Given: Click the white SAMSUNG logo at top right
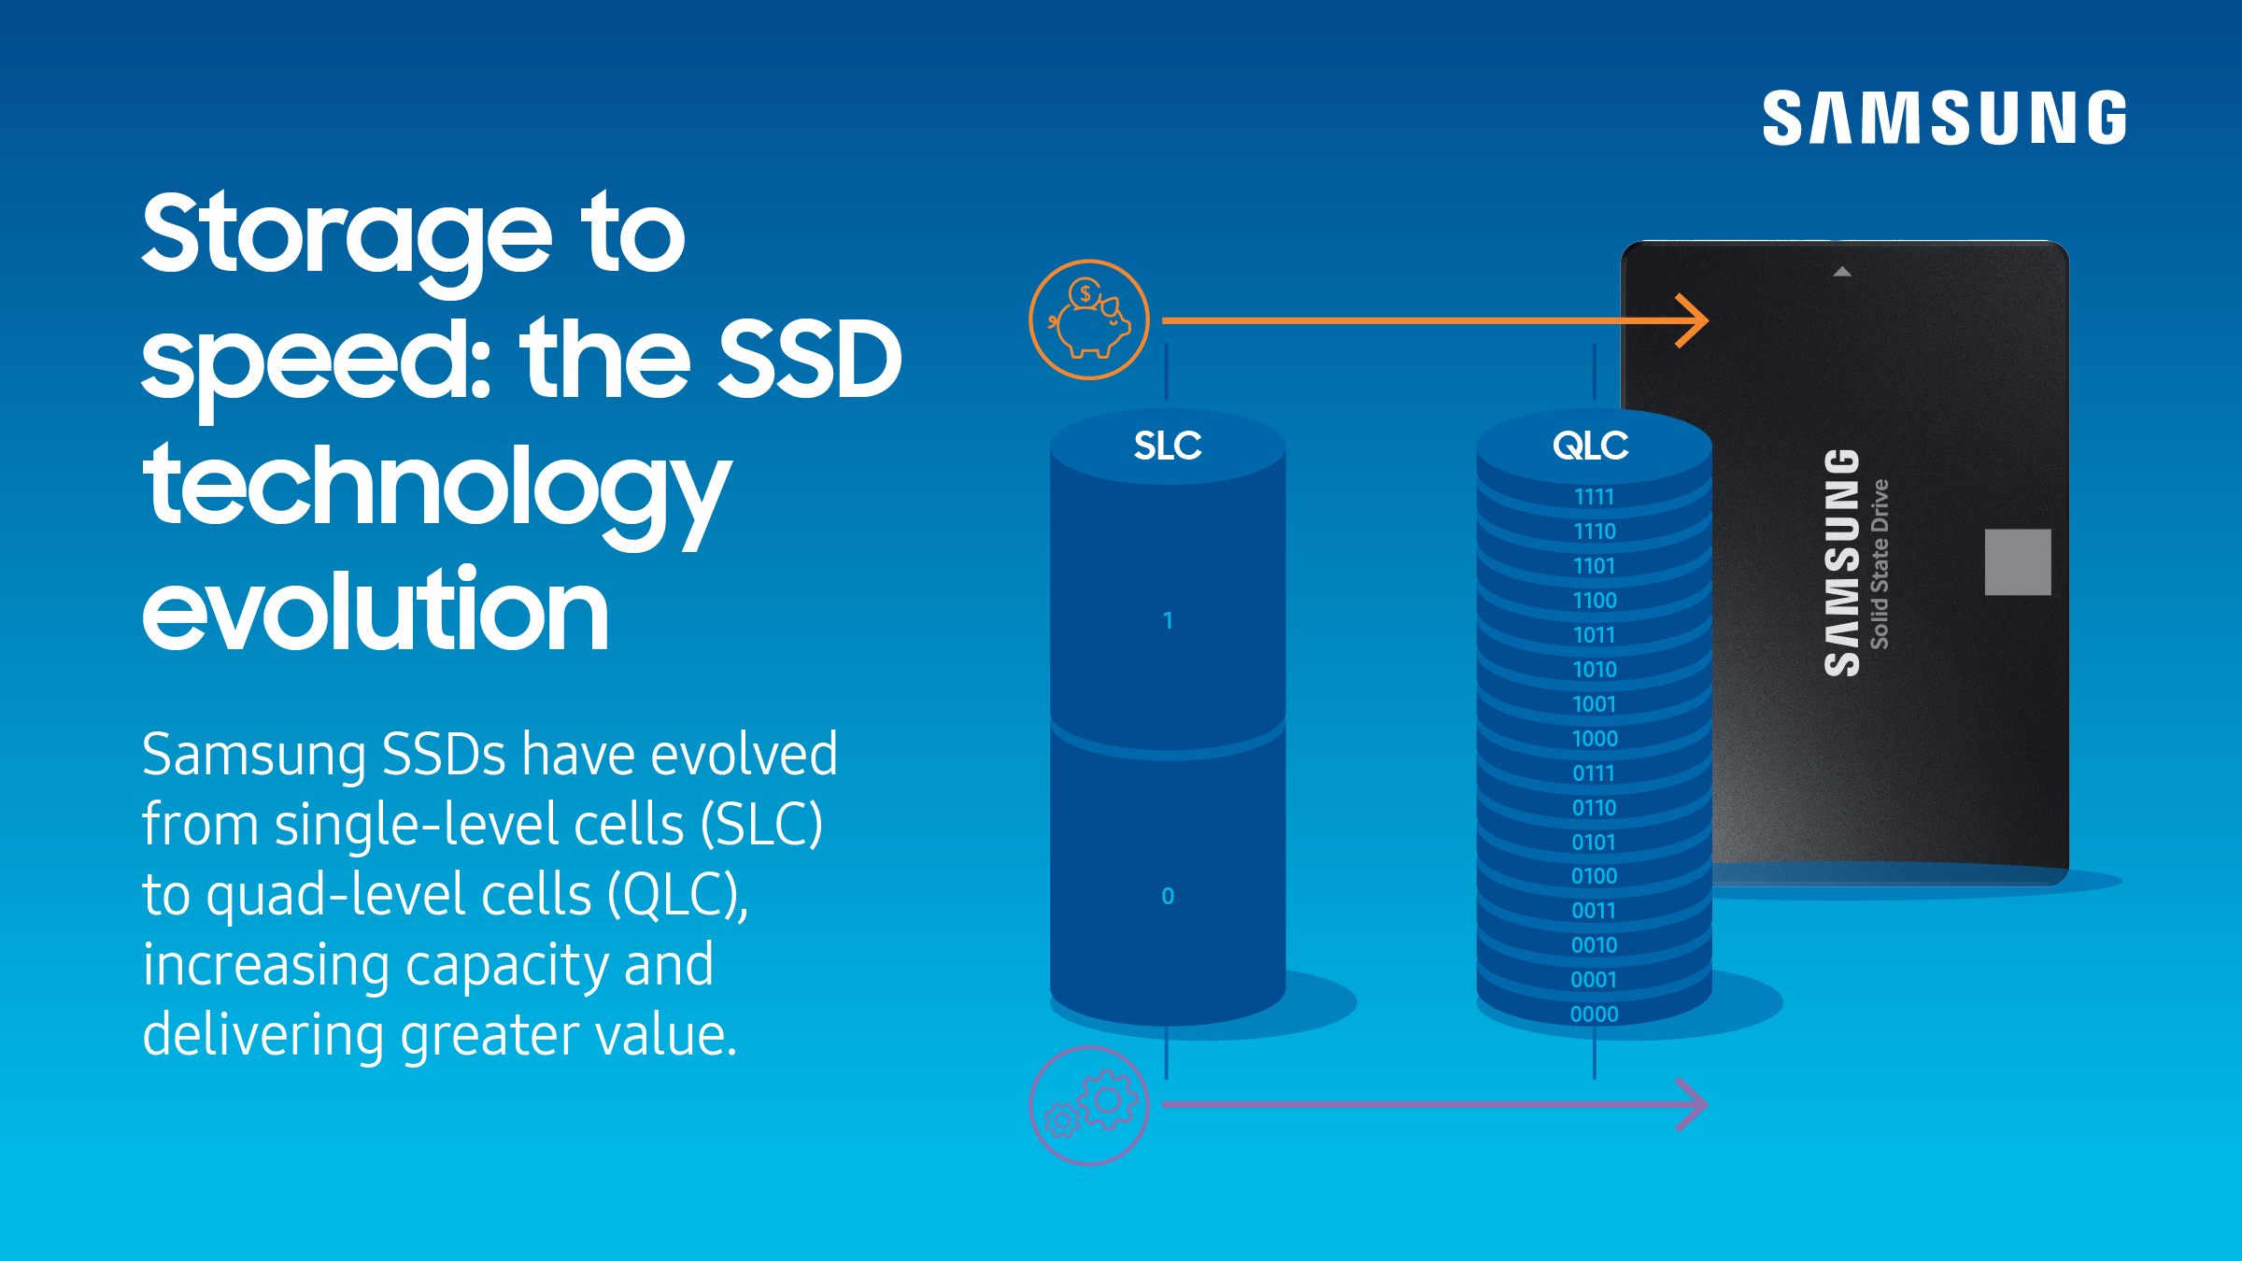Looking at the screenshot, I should coord(1944,118).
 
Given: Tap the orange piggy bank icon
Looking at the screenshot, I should coord(1089,319).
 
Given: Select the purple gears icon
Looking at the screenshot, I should coord(1089,1105).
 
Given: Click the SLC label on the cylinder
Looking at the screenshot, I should coord(1168,446).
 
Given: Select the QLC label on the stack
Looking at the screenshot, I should coord(1590,446).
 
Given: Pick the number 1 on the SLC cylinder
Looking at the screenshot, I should coord(1168,620).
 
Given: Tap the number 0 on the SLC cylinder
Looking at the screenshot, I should coord(1168,896).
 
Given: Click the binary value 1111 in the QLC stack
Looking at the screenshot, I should coord(1594,497).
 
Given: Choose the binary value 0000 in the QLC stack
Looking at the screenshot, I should coord(1594,1014).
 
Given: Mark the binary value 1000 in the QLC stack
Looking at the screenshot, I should coord(1594,739).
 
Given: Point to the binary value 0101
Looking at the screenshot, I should coord(1594,843).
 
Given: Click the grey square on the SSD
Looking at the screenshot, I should coord(2018,562).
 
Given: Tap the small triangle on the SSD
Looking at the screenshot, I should coord(1842,272).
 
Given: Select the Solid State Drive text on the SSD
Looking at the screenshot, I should coord(1880,564).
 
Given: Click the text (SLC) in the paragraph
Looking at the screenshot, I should coord(761,825).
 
